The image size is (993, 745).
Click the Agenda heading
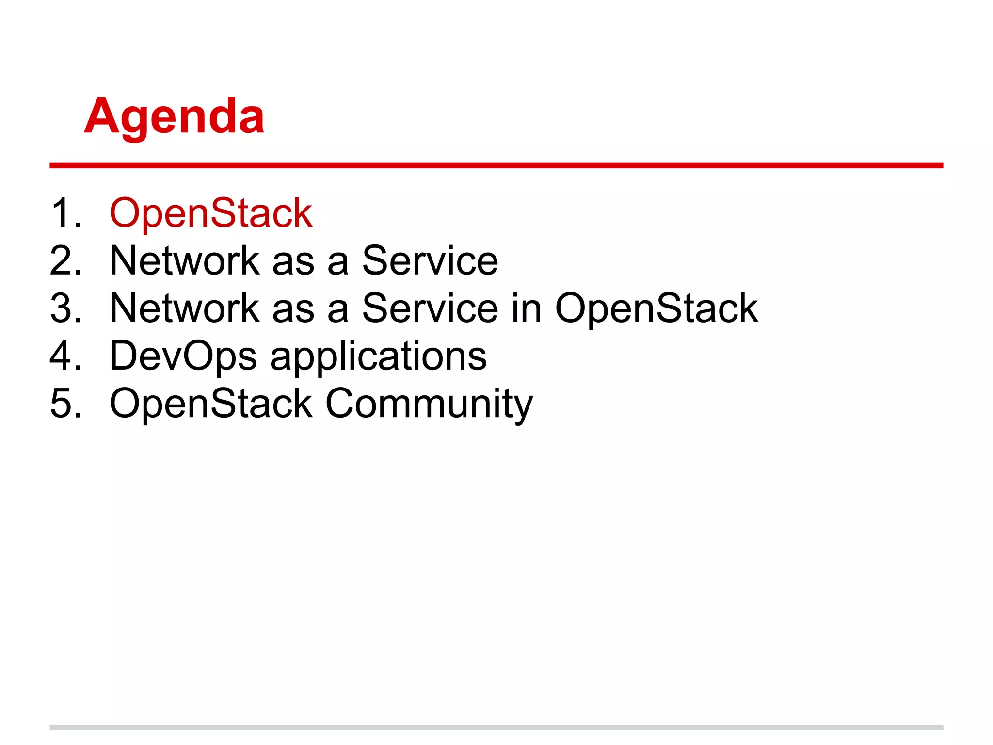click(174, 116)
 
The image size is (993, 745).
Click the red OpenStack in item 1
click(211, 213)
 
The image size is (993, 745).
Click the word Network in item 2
click(184, 261)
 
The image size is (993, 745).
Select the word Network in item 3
click(184, 308)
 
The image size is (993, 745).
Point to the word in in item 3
click(526, 308)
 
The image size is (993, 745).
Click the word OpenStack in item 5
click(211, 404)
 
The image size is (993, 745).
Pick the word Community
click(429, 404)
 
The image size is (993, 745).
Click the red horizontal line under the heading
click(496, 166)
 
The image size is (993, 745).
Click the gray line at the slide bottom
click(496, 727)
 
